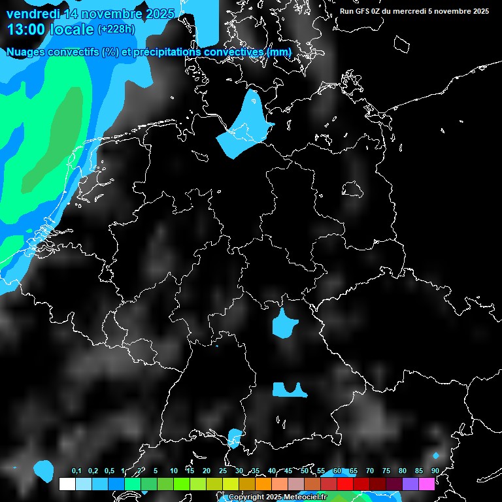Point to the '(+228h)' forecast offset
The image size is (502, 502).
[x=117, y=29]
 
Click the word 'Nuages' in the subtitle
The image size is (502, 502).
[x=29, y=52]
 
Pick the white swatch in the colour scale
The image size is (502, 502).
[x=67, y=484]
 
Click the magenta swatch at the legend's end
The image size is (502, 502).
[x=427, y=484]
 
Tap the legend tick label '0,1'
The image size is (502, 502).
[x=76, y=471]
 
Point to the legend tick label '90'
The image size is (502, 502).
[x=435, y=471]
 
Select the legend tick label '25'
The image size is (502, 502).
[x=222, y=471]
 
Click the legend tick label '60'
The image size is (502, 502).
[x=337, y=471]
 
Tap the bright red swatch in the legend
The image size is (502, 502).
[x=345, y=484]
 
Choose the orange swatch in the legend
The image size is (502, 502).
[x=263, y=484]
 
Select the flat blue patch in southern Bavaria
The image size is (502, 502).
[x=288, y=390]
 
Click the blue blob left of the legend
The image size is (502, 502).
[x=44, y=468]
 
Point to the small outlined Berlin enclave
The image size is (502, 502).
[x=353, y=190]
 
